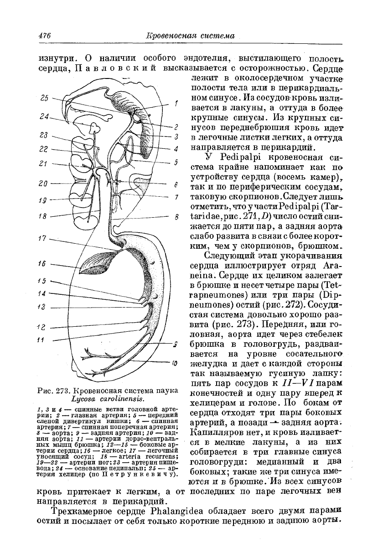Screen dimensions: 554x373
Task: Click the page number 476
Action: (x=44, y=36)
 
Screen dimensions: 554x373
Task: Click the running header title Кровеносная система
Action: (x=189, y=36)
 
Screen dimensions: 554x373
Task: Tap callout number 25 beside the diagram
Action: (x=44, y=98)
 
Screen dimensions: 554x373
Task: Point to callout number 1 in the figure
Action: (x=176, y=104)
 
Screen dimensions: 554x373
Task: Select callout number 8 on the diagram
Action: (x=176, y=218)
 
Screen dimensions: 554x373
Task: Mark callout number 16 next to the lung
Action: (x=43, y=263)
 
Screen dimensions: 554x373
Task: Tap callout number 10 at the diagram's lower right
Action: (x=175, y=364)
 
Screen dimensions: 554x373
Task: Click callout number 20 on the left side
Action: (x=43, y=183)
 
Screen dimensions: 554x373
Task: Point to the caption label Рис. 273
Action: (x=55, y=391)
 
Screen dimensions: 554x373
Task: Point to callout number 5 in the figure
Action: (x=176, y=162)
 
